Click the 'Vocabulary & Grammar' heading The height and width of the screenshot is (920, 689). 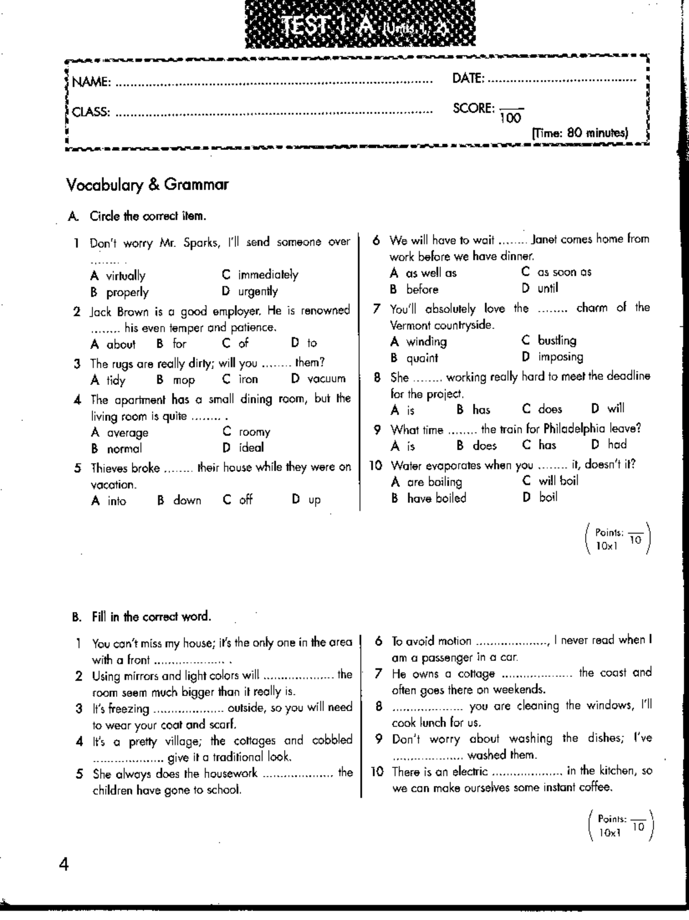tap(148, 184)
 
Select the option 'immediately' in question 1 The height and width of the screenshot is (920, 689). tap(268, 275)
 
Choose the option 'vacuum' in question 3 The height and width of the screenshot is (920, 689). tap(326, 379)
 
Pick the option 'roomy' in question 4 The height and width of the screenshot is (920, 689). tap(254, 432)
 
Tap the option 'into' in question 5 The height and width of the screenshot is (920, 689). tap(117, 501)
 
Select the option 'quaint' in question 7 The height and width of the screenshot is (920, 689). tap(422, 358)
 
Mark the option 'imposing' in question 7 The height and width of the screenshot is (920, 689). tap(560, 357)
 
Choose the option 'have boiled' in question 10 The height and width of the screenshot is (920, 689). tap(436, 498)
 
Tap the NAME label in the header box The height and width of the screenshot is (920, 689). tap(91, 82)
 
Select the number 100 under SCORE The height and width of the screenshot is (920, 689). tap(510, 118)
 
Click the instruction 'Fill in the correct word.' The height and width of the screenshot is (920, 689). tap(152, 617)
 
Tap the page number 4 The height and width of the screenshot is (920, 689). tap(64, 864)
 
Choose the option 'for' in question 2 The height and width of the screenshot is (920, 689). tap(179, 343)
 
